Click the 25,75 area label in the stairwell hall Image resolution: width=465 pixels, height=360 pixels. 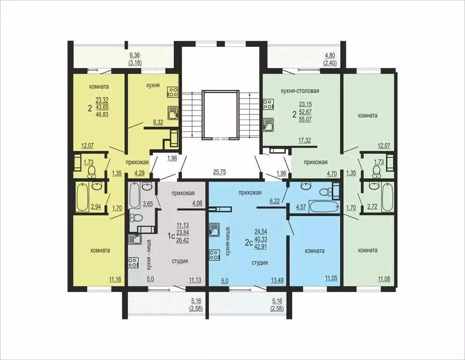[x=219, y=172]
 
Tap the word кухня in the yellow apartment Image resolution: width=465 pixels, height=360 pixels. [x=153, y=85]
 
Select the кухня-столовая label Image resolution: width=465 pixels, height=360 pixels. [x=300, y=91]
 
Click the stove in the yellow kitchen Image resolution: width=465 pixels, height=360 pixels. [x=172, y=91]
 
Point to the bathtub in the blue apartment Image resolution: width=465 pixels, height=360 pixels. [x=324, y=206]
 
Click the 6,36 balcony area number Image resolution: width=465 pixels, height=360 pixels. [x=135, y=55]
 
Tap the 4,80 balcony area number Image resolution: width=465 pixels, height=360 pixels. [x=330, y=55]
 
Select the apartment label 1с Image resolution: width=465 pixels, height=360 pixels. [x=170, y=236]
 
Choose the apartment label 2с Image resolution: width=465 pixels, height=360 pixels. [x=248, y=243]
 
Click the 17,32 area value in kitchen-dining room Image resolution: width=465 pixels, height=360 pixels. [x=305, y=141]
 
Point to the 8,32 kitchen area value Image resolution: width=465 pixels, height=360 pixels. [x=158, y=122]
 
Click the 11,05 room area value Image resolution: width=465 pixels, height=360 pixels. [x=331, y=278]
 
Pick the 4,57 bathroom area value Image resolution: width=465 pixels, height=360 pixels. [x=301, y=207]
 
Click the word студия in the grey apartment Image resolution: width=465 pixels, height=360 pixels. [x=180, y=261]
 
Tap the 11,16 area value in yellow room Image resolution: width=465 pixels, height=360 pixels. [x=115, y=279]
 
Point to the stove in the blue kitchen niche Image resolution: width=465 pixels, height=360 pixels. [x=214, y=255]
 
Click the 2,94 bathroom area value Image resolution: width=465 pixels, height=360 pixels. [x=96, y=207]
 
